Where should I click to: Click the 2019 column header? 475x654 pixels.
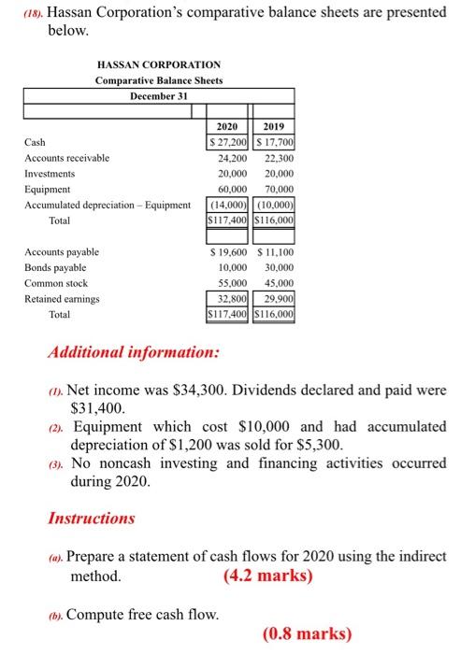(276, 127)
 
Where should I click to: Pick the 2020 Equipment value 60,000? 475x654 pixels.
(228, 189)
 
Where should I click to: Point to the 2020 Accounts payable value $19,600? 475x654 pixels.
(227, 252)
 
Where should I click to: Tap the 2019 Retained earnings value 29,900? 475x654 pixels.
(277, 299)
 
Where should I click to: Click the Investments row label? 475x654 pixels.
(50, 174)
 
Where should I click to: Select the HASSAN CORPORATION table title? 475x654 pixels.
(159, 64)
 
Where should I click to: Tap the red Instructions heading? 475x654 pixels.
(91, 518)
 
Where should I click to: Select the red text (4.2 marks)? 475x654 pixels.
(267, 576)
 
